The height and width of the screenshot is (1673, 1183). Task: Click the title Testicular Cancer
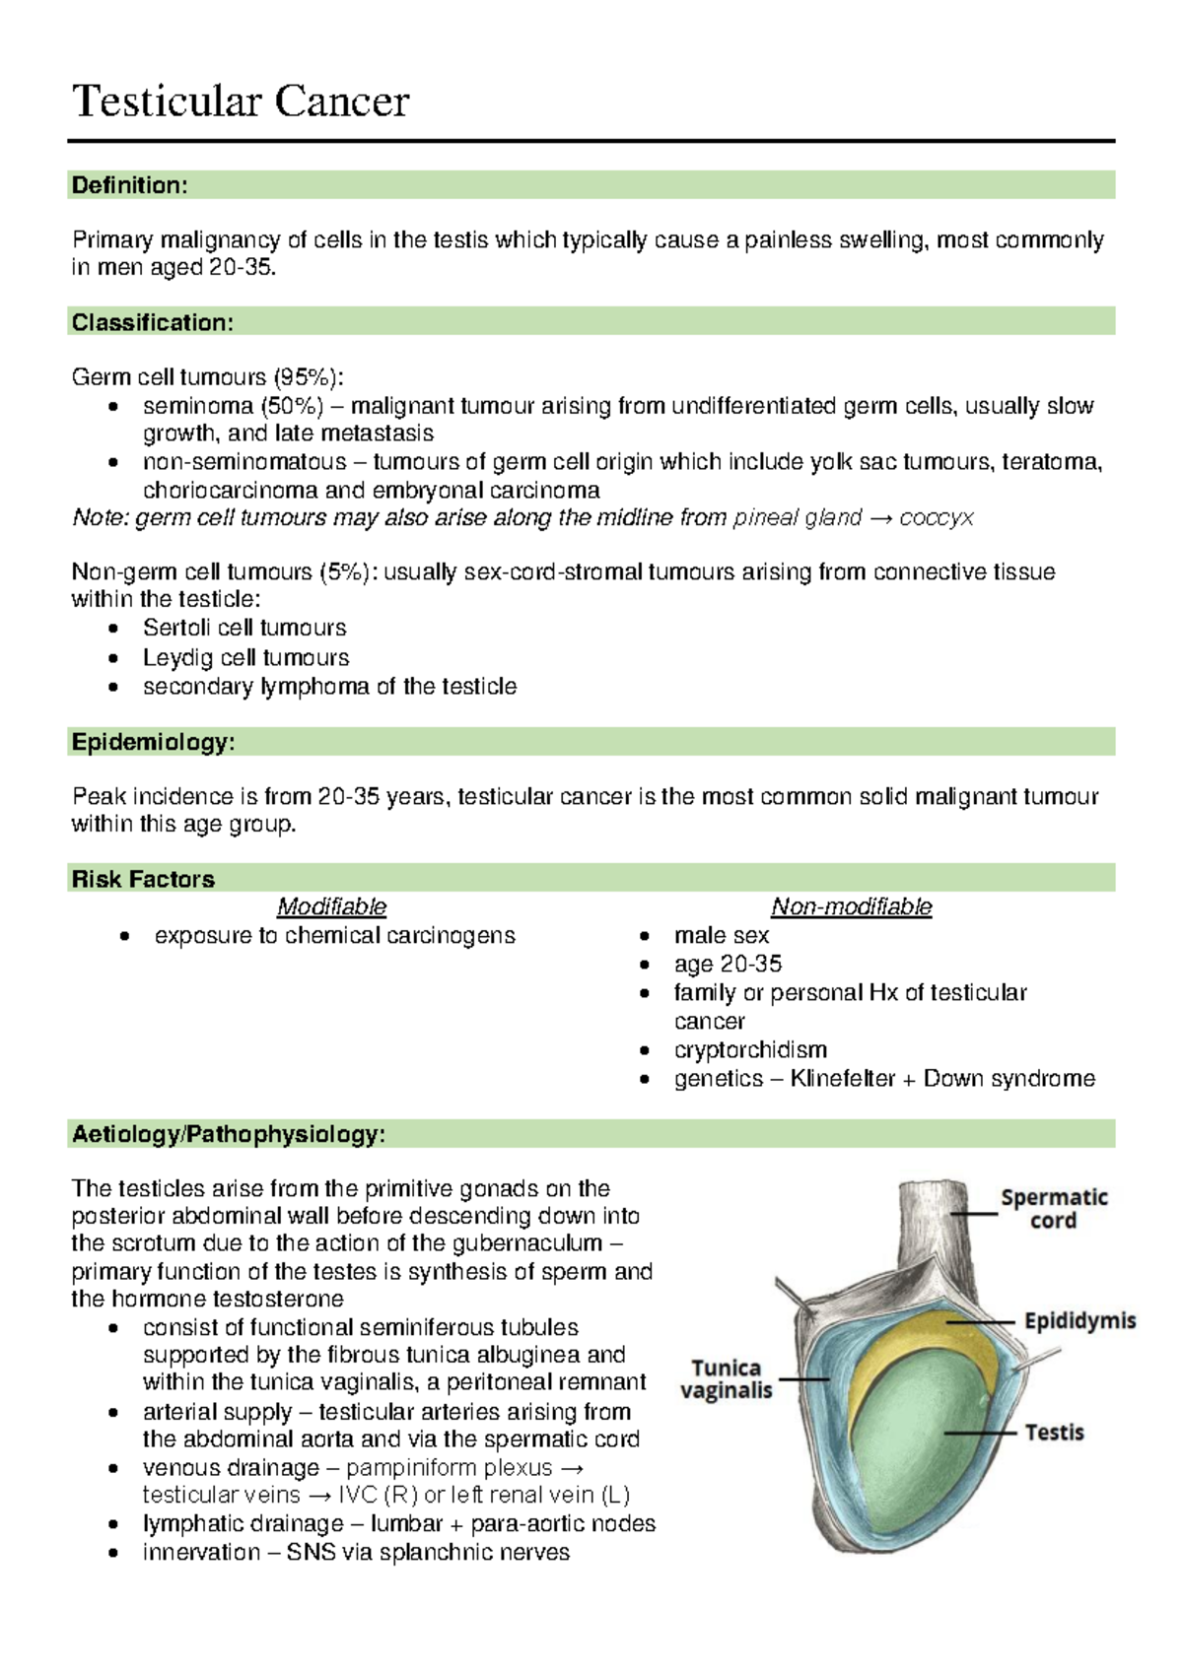(x=241, y=101)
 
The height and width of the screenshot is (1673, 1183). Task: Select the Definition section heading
(x=129, y=185)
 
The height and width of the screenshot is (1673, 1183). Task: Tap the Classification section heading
(x=152, y=322)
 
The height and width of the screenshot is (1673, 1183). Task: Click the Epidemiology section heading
(x=153, y=742)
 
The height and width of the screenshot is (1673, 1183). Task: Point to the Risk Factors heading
(x=143, y=879)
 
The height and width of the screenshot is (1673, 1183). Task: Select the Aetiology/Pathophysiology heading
(x=228, y=1134)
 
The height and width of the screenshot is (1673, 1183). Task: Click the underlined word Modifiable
(x=331, y=906)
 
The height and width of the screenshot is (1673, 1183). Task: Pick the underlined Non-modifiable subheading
(x=851, y=906)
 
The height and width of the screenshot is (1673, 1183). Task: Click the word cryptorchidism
(x=750, y=1049)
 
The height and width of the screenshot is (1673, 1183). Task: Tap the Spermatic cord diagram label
(x=1054, y=1209)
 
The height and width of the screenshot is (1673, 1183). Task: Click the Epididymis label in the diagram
(x=1079, y=1320)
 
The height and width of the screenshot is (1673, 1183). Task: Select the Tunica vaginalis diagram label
(x=727, y=1378)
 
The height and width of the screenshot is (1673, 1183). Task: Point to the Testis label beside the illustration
(x=1054, y=1432)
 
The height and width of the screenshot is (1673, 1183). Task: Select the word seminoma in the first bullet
(x=197, y=406)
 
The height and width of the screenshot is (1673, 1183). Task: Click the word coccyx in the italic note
(x=936, y=517)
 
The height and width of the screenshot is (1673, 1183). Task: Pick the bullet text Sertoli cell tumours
(x=244, y=628)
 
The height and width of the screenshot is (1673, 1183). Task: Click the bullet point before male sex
(x=644, y=936)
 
